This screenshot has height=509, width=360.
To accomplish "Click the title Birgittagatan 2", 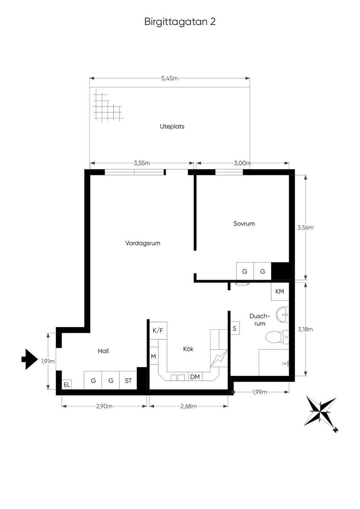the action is tap(180, 22).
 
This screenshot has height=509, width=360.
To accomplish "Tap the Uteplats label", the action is tap(172, 126).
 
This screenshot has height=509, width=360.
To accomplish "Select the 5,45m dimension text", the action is tap(169, 78).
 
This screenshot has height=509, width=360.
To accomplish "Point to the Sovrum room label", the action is tap(244, 223).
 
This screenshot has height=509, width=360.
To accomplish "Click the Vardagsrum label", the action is tap(143, 243).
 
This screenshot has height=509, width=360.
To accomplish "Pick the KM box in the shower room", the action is tap(280, 291).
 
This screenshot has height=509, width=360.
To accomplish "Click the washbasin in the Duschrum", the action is tap(282, 315).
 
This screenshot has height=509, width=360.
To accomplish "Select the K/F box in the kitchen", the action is tap(158, 331).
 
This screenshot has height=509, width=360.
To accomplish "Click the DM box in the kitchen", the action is tap(195, 377).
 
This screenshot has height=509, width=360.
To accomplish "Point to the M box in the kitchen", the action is tap(154, 356).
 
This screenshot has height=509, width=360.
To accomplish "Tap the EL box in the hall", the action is tap(67, 385).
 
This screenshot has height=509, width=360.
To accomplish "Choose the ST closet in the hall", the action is tap(128, 381).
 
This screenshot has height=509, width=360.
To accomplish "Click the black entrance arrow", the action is tap(29, 359).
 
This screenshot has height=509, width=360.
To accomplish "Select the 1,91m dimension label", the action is tap(48, 361).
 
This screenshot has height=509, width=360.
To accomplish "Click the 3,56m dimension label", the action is tap(306, 228).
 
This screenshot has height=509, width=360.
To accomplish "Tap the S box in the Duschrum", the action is tap(235, 328).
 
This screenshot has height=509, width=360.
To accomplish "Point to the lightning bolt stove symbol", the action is tap(219, 358).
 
